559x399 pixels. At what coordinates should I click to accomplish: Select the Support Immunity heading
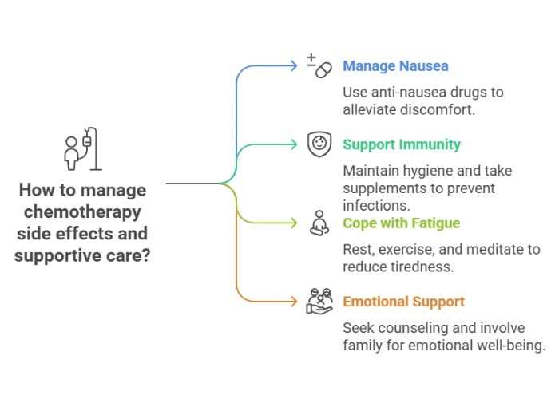point(402,144)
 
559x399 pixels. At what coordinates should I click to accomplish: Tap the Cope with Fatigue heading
point(401,223)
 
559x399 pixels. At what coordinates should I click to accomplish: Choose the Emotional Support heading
point(403,302)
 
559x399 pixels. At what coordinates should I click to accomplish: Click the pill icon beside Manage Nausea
point(319,66)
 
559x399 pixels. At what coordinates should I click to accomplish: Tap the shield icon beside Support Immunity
point(319,144)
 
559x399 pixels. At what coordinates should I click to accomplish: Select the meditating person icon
point(319,223)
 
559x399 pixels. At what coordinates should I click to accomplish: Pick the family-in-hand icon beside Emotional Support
point(319,302)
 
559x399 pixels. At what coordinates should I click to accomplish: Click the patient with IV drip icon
point(82,149)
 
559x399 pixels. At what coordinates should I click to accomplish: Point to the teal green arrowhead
point(294,144)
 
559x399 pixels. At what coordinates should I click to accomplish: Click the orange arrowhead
point(294,302)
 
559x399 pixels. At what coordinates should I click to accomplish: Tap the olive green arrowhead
point(294,223)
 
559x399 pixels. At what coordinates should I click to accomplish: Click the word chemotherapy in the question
point(81,212)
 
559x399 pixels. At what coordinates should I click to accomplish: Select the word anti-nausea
point(414,92)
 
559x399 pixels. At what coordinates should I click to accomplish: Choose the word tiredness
point(423,267)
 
